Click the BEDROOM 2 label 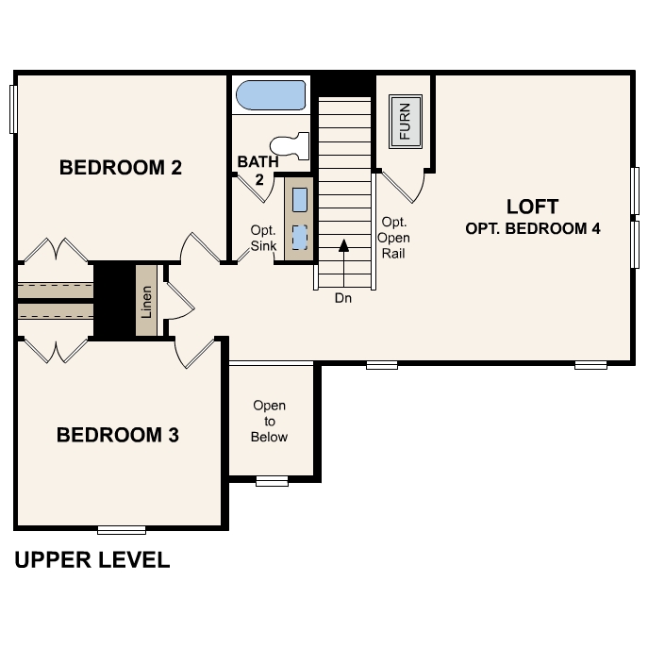[x=120, y=168]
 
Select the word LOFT [x=532, y=207]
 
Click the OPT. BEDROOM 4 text [x=533, y=228]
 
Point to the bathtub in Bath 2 [x=271, y=95]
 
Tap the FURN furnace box [x=406, y=120]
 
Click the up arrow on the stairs [x=343, y=247]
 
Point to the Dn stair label [x=343, y=297]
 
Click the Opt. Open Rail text [x=393, y=238]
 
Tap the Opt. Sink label [x=262, y=239]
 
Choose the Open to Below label [x=269, y=422]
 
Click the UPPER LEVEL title [x=92, y=560]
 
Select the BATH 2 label [x=258, y=170]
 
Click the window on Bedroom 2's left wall [x=14, y=108]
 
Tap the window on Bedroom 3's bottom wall [x=122, y=529]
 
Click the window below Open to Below [x=272, y=481]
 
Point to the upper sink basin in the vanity [x=299, y=200]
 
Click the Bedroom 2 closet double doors [x=54, y=251]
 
